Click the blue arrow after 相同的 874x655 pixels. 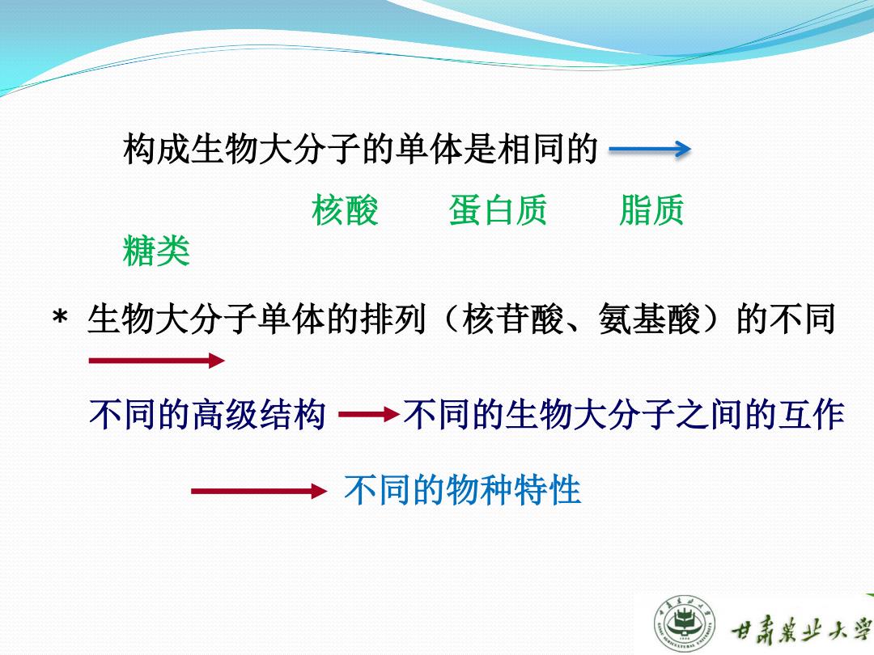[650, 150]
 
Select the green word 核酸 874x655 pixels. [345, 210]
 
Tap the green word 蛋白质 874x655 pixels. [498, 210]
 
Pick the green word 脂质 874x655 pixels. [651, 210]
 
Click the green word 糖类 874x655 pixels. [157, 251]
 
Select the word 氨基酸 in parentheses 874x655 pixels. [649, 319]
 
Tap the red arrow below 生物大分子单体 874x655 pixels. [157, 361]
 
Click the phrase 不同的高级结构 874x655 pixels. [207, 414]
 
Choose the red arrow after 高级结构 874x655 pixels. [369, 414]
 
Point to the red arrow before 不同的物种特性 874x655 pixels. [259, 491]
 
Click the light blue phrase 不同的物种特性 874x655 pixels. [463, 489]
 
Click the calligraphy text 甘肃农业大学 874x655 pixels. [800, 629]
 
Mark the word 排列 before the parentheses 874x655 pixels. [394, 319]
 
